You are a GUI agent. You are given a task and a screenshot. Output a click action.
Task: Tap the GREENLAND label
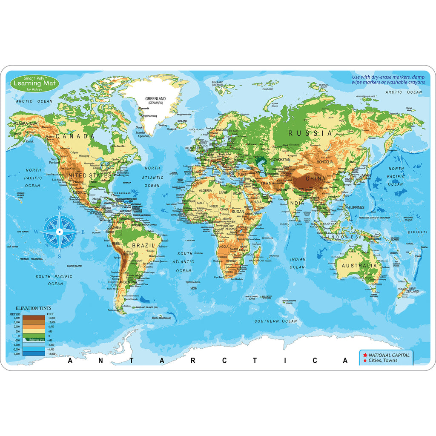click(x=155, y=99)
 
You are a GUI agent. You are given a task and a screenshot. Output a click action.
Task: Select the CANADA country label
click(x=75, y=136)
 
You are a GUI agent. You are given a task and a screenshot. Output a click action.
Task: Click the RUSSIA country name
click(x=310, y=133)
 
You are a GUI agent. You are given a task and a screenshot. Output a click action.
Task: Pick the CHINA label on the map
click(x=315, y=178)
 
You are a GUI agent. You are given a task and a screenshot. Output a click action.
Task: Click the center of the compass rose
click(x=60, y=232)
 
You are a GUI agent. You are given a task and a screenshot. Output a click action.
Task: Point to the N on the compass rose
click(x=60, y=209)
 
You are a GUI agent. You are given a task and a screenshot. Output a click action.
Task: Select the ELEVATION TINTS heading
click(x=34, y=308)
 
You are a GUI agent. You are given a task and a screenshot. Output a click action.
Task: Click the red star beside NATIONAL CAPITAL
click(x=365, y=355)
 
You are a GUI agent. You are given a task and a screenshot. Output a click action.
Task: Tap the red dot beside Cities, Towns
click(x=365, y=361)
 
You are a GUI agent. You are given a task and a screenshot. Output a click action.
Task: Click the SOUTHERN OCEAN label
click(x=276, y=321)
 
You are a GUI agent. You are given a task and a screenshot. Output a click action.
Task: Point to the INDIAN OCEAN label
click(x=298, y=263)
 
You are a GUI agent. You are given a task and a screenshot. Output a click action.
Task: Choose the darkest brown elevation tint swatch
click(x=33, y=318)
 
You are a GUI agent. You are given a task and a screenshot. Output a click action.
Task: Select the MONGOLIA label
click(x=324, y=162)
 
